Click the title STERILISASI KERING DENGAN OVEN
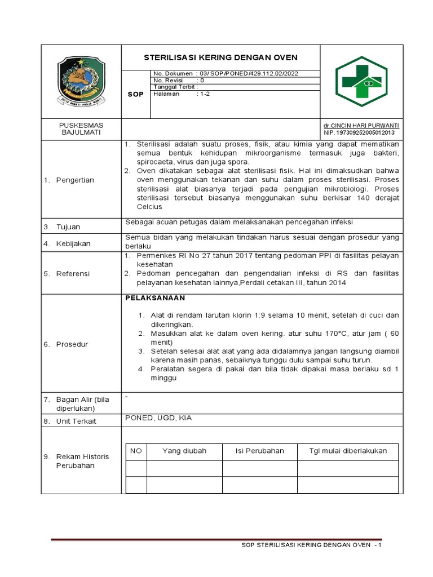tap(220, 57)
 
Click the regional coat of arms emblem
tap(81, 81)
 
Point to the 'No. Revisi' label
tap(168, 80)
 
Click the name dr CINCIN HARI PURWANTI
tap(361, 125)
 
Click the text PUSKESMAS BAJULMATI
tap(81, 128)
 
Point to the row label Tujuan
tap(68, 227)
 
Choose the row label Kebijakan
tap(73, 244)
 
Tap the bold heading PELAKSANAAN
tap(154, 298)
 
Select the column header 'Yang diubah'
tap(184, 451)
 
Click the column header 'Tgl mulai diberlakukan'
tap(348, 451)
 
